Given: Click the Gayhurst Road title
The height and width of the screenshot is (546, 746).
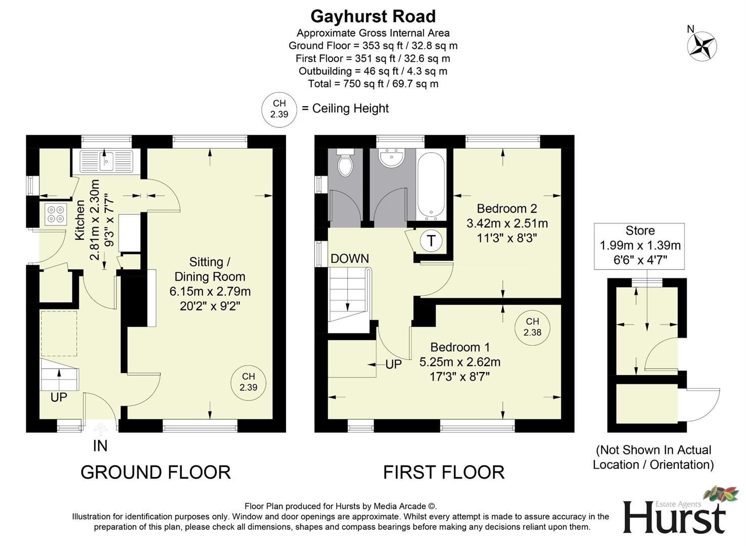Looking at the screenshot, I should (373, 17).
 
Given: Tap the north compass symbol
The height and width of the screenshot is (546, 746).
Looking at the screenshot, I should (702, 46).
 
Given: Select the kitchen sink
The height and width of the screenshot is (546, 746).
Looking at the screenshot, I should (106, 161).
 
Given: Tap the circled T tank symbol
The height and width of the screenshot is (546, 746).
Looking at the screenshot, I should (431, 241).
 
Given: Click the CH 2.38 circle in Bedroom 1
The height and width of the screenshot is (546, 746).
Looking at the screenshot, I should (532, 327).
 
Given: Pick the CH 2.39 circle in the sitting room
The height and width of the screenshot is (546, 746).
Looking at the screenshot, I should (248, 382).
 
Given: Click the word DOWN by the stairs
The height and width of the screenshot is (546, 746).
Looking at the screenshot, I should (350, 259).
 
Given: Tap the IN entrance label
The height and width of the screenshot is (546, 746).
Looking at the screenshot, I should (100, 446).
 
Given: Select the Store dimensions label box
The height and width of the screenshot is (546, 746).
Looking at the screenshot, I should (640, 246).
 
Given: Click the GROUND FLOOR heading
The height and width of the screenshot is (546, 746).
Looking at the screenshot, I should (156, 472).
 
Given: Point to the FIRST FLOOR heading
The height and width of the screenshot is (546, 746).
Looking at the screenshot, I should (444, 472).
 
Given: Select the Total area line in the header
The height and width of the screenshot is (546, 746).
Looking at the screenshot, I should (373, 84).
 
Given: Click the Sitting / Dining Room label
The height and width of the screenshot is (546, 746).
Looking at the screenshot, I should (210, 284).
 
